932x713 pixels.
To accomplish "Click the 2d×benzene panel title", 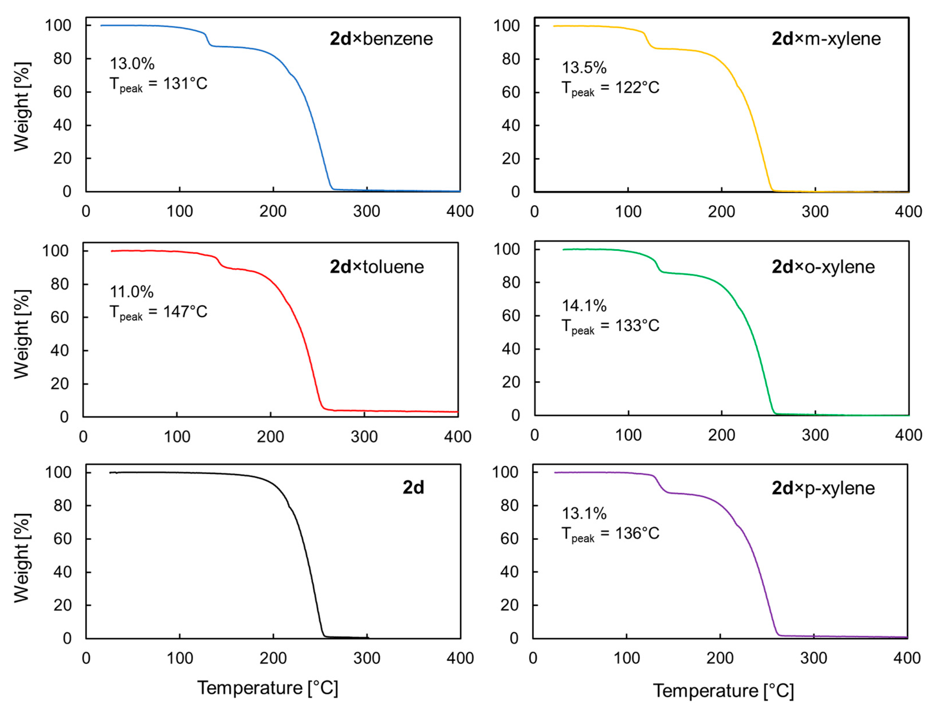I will pyautogui.click(x=381, y=39).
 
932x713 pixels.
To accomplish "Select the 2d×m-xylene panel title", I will pyautogui.click(x=825, y=39).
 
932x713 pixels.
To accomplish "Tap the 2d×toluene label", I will pyautogui.click(x=376, y=267).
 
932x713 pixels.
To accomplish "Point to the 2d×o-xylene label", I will pyautogui.click(x=822, y=267).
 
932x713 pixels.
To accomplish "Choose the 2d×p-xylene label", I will pyautogui.click(x=822, y=488).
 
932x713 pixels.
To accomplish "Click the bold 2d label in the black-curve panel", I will pyautogui.click(x=413, y=487).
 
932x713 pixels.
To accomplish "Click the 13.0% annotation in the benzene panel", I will pyautogui.click(x=132, y=64).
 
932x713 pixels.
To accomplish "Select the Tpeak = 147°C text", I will pyautogui.click(x=158, y=312).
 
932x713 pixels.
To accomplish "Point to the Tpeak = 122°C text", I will pyautogui.click(x=610, y=88).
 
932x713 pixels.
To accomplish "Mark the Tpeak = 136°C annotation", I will pyautogui.click(x=610, y=534).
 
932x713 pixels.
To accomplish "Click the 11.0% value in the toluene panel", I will pyautogui.click(x=131, y=292).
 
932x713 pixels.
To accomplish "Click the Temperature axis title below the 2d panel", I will pyautogui.click(x=268, y=688).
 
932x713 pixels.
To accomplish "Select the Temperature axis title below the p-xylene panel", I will pyautogui.click(x=723, y=691).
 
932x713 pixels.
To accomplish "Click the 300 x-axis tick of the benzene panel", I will pyautogui.click(x=366, y=211).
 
